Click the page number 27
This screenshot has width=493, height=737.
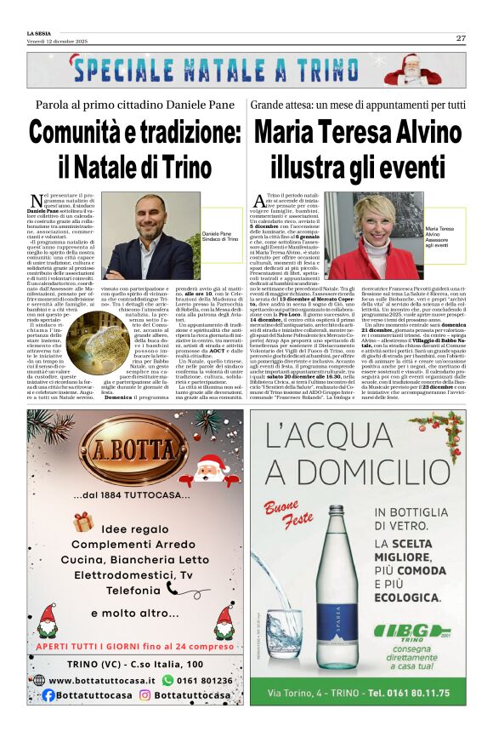pos(461,38)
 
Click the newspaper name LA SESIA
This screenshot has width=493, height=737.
pos(39,32)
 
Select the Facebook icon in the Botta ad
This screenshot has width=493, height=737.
pos(48,694)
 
